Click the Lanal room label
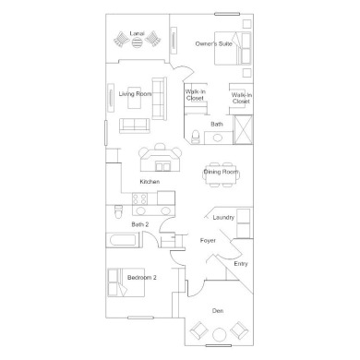click(x=137, y=33)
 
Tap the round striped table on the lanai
click(x=137, y=42)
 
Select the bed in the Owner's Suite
click(x=233, y=48)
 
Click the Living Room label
click(x=135, y=94)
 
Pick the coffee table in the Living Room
click(x=135, y=97)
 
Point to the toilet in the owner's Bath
click(x=196, y=137)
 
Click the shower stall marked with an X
click(x=243, y=129)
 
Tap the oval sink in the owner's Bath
click(x=217, y=138)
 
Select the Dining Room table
click(x=221, y=174)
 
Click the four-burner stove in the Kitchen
click(x=139, y=198)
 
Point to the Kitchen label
click(x=150, y=182)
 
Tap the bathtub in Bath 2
click(x=122, y=240)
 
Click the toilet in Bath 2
click(x=118, y=211)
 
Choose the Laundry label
click(x=223, y=217)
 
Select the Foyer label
click(x=208, y=240)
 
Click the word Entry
click(x=241, y=264)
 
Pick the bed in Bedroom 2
click(x=126, y=282)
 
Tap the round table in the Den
click(x=219, y=334)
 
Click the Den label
click(x=218, y=311)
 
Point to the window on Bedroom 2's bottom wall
click(x=140, y=318)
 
